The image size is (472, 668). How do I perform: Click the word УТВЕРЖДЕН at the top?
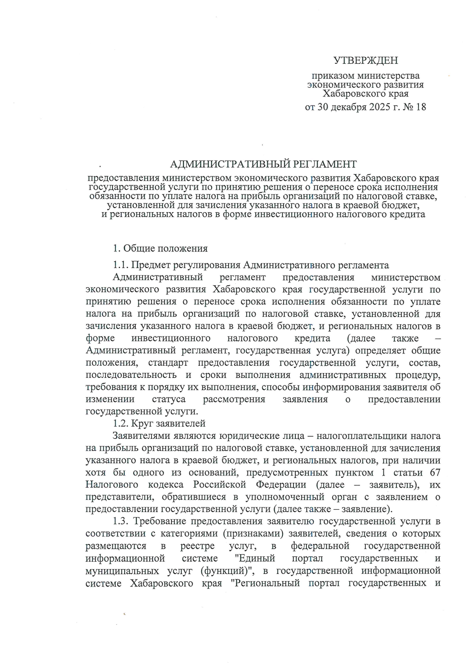coord(365,60)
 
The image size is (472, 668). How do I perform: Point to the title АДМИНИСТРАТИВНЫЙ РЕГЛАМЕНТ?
coord(263,164)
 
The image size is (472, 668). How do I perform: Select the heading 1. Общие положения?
coord(160,248)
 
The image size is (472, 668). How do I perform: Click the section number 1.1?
coord(120,265)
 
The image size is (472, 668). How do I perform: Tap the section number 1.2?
coord(120,424)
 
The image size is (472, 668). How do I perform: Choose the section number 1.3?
coord(120,521)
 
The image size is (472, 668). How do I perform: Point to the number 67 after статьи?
coord(435,472)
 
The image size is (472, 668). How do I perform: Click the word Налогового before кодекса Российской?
coord(112,485)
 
